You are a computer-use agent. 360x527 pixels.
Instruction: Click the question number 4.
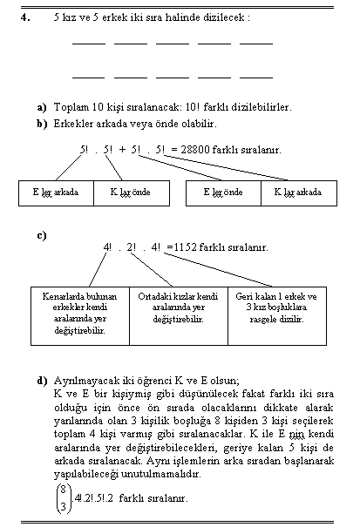pyautogui.click(x=25, y=17)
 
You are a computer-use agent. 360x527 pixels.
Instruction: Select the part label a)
pyautogui.click(x=42, y=107)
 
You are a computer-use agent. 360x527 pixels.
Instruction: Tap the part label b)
pyautogui.click(x=42, y=124)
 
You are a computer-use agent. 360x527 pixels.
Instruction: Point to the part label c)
pyautogui.click(x=42, y=235)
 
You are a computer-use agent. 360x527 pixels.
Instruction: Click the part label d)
pyautogui.click(x=42, y=381)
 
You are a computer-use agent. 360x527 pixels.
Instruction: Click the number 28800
pyautogui.click(x=194, y=149)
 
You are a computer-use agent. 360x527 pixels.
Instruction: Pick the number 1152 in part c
pyautogui.click(x=185, y=247)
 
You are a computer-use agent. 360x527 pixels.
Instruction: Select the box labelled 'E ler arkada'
pyautogui.click(x=56, y=193)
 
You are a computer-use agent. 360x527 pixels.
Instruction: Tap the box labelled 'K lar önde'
pyautogui.click(x=132, y=193)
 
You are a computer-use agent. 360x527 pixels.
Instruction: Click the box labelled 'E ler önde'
pyautogui.click(x=223, y=193)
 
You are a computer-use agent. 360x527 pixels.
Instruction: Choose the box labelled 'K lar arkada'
pyautogui.click(x=299, y=193)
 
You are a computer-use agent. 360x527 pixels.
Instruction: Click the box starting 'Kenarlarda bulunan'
pyautogui.click(x=80, y=316)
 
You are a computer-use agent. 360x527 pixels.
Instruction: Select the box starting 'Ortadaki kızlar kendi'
pyautogui.click(x=179, y=316)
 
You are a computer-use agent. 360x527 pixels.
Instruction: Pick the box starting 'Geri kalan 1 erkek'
pyautogui.click(x=277, y=316)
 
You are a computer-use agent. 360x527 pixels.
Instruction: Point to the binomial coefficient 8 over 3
pyautogui.click(x=64, y=498)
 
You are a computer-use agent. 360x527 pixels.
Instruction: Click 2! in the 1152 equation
pyautogui.click(x=132, y=247)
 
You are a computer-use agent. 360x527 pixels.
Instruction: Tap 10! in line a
pyautogui.click(x=192, y=107)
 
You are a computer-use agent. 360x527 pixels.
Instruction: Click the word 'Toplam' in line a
pyautogui.click(x=71, y=107)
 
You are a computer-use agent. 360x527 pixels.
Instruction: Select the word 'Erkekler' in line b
pyautogui.click(x=73, y=124)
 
